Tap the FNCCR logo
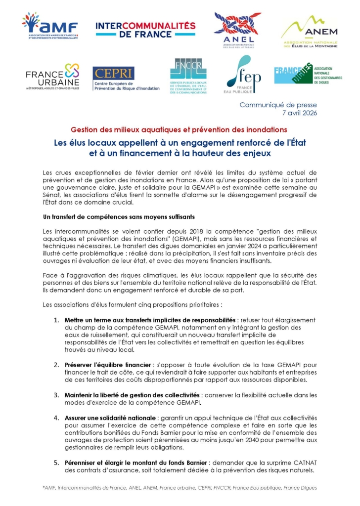click(x=188, y=76)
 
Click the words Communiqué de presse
click(x=278, y=105)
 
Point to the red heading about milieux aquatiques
click(x=179, y=130)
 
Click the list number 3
click(x=56, y=395)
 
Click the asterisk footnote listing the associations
click(x=180, y=488)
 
